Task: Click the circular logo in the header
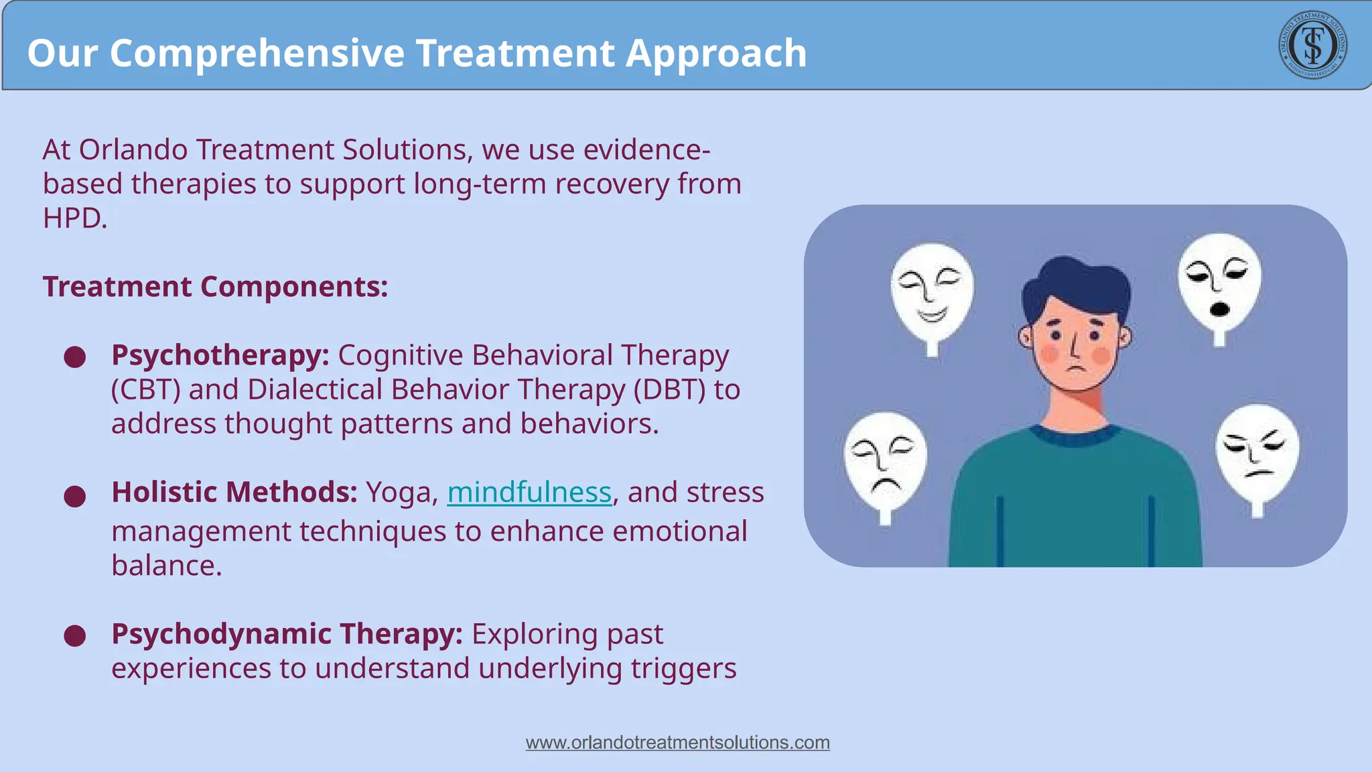click(1312, 45)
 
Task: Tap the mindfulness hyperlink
click(529, 493)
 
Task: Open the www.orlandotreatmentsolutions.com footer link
click(677, 743)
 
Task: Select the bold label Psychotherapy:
click(220, 355)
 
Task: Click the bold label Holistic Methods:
click(234, 493)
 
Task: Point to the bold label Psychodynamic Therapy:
click(287, 634)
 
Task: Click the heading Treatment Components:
click(215, 287)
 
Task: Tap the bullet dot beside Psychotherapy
click(75, 357)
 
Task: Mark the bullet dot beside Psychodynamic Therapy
click(75, 635)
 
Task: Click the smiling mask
click(932, 292)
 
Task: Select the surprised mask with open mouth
click(1219, 282)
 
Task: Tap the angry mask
click(1257, 452)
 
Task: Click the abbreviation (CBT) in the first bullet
click(145, 390)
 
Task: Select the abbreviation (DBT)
click(669, 390)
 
